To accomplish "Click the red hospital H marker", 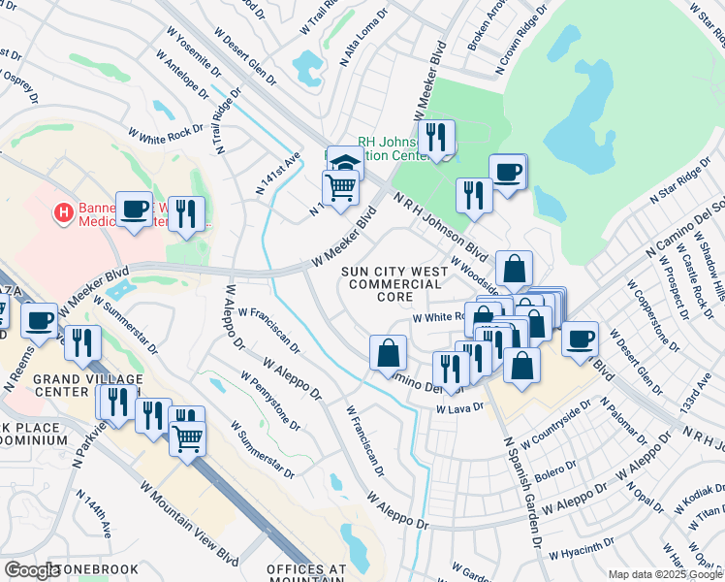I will tap(64, 211).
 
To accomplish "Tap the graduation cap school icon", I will tap(345, 161).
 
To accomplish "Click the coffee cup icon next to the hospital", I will tap(134, 208).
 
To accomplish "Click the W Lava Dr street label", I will tap(458, 410).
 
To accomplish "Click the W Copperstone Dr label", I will tap(644, 315).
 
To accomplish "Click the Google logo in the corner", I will tap(32, 571).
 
